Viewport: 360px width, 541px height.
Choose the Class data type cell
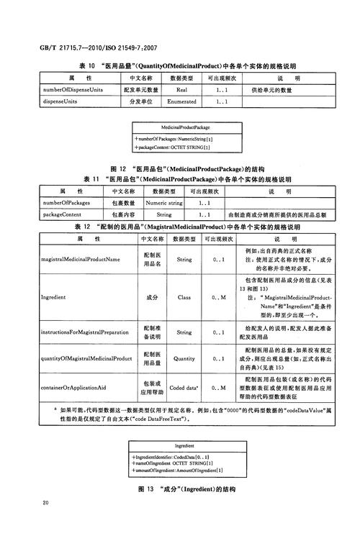(x=184, y=296)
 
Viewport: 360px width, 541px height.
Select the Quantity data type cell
(x=184, y=358)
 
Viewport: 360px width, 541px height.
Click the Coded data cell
(x=184, y=388)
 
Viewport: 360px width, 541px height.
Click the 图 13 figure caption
(x=186, y=489)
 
